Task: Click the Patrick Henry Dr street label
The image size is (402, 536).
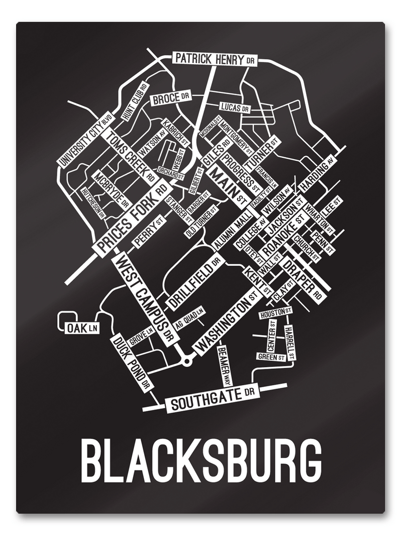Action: pyautogui.click(x=215, y=59)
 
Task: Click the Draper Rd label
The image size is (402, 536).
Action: pyautogui.click(x=303, y=280)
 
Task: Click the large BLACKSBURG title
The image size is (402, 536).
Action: pyautogui.click(x=201, y=461)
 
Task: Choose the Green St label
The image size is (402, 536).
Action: pyautogui.click(x=271, y=357)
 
